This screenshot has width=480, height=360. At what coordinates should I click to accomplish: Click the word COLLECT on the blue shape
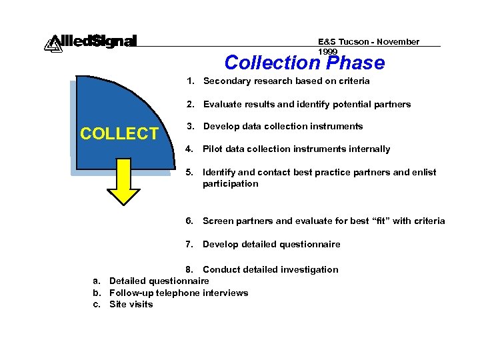[119, 133]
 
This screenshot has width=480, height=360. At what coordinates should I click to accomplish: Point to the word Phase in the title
[356, 63]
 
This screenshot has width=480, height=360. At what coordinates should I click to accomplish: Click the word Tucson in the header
[354, 41]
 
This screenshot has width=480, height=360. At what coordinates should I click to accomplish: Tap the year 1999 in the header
[328, 51]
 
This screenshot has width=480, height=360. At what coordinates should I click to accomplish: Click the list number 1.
[190, 81]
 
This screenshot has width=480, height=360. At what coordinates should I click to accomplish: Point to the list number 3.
[190, 126]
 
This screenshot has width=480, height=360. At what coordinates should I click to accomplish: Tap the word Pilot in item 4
[213, 149]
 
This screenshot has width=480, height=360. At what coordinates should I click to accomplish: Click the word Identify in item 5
[219, 172]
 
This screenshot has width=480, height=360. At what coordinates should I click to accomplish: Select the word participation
[230, 183]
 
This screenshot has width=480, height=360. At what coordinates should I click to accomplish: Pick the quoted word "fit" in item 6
[381, 221]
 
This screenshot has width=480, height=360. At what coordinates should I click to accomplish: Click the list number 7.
[189, 244]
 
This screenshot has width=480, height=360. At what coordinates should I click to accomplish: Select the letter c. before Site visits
[97, 304]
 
